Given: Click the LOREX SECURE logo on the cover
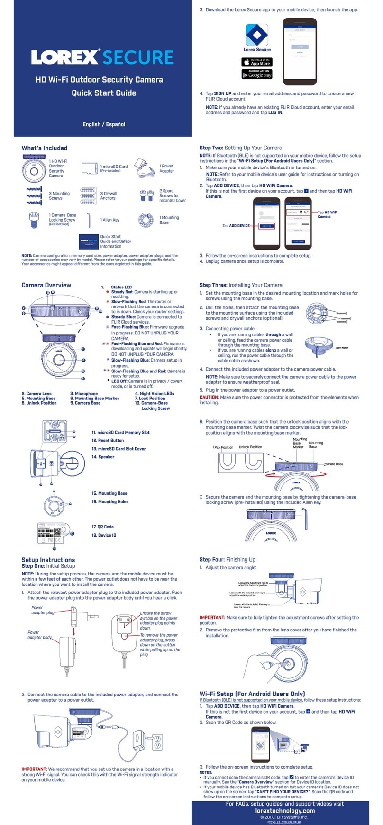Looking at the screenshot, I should tap(102, 57).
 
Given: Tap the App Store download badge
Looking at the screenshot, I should tap(256, 62).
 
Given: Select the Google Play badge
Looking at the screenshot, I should tap(256, 74).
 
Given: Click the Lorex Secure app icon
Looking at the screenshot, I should tap(257, 35).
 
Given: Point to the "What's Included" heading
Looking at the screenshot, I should tap(45, 148).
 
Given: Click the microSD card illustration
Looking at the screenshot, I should tap(89, 168).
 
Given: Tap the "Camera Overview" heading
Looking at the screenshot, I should tap(46, 285).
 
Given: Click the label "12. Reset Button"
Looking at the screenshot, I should tap(108, 440).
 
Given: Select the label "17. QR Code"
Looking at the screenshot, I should tap(102, 527).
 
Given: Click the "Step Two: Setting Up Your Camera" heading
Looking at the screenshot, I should tap(241, 148).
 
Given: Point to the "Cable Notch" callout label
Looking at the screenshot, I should tap(342, 348).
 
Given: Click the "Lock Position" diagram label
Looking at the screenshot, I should tap(223, 447).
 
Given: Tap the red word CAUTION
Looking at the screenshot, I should tap(209, 397).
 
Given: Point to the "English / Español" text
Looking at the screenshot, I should tap(104, 124).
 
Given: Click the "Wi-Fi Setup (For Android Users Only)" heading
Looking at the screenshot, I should tap(252, 694).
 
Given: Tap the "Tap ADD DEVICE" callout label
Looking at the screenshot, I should tap(236, 226).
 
